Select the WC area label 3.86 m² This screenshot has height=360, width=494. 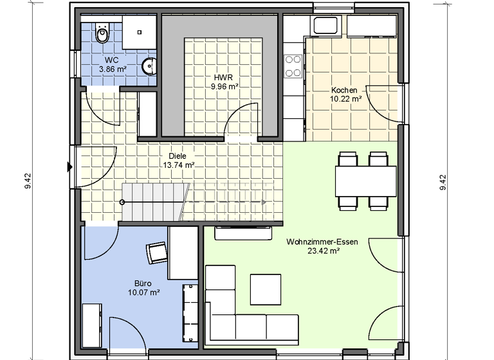(111, 68)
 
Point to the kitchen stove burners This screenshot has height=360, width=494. (294, 62)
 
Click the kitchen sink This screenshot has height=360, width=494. (325, 26)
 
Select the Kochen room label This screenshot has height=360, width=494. (344, 91)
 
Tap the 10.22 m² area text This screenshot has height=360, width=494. (345, 99)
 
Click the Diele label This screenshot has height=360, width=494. (177, 156)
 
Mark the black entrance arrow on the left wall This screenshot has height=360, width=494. (69, 166)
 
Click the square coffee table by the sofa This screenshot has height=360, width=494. (266, 289)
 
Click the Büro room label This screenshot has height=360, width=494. (143, 283)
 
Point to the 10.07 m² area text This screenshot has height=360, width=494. (143, 292)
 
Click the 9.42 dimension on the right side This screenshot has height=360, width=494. (443, 183)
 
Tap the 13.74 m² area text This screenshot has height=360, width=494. (179, 165)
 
